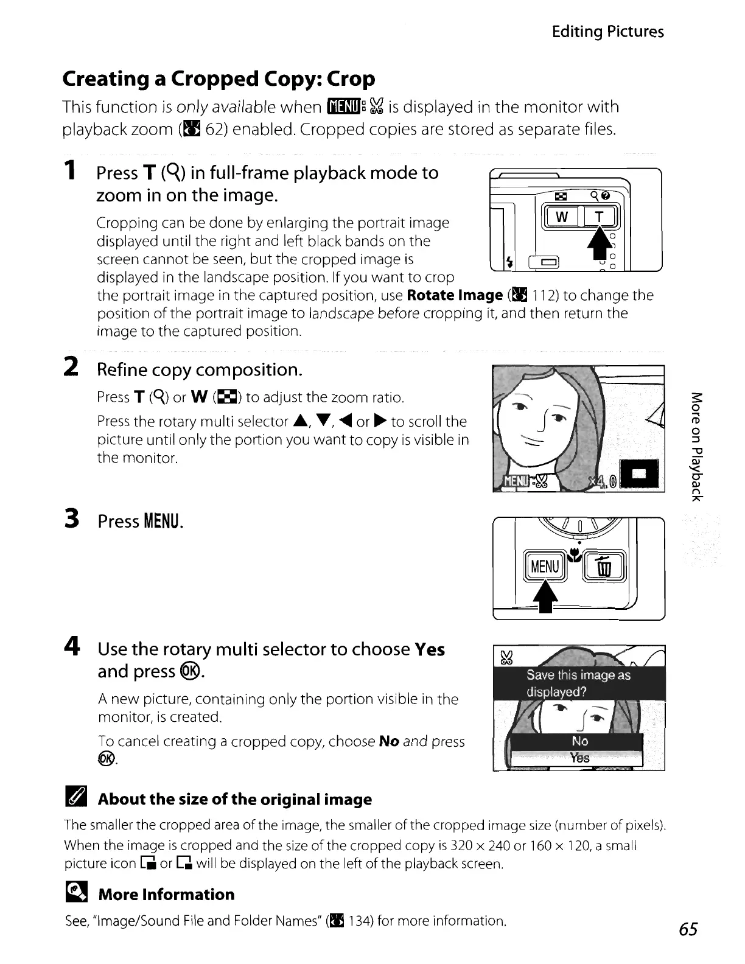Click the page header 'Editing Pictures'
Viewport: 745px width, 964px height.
607,32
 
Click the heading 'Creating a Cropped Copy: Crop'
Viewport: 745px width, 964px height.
219,79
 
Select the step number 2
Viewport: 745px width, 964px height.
71,367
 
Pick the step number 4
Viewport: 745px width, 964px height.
72,647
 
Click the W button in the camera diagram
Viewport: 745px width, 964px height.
561,217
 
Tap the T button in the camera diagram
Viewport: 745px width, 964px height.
600,217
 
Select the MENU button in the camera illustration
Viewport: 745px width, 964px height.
545,567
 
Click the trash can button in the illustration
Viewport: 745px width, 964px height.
603,567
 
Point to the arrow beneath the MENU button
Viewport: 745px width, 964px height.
546,597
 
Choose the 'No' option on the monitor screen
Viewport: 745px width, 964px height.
579,741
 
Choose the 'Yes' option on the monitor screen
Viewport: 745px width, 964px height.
579,758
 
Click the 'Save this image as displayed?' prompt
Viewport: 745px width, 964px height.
578,683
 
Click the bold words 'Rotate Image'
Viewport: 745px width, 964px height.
454,296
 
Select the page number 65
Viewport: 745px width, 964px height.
688,929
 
